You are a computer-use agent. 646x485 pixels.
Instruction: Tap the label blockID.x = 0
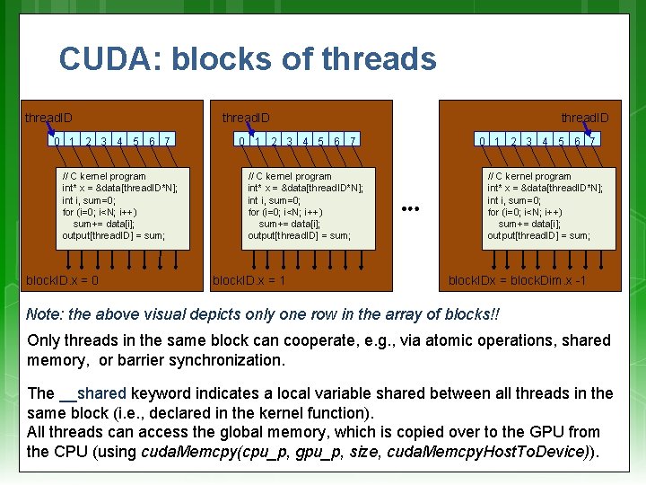(x=63, y=280)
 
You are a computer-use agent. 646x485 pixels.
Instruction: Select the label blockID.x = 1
(x=249, y=280)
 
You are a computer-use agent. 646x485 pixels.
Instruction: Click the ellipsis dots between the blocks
(x=412, y=208)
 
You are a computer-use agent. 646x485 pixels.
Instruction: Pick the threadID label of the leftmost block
(x=48, y=118)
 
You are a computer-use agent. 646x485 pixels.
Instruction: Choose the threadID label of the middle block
(x=246, y=118)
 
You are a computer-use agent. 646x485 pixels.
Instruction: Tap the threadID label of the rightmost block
(x=585, y=118)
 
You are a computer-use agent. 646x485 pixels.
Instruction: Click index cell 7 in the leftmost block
(x=169, y=141)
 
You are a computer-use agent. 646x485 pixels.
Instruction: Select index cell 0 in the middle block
(x=241, y=141)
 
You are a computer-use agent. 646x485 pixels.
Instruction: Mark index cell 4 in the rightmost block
(x=545, y=141)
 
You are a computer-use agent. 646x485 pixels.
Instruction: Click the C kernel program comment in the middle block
(x=289, y=177)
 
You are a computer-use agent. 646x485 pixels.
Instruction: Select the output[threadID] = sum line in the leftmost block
(x=113, y=235)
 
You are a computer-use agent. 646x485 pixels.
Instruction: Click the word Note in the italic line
(x=44, y=315)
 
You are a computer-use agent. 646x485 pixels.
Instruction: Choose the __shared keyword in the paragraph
(x=92, y=393)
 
